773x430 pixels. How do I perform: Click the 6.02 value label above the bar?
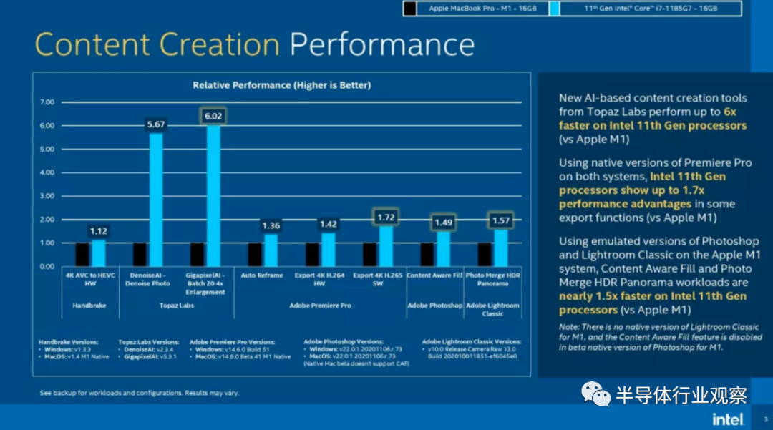[x=213, y=116]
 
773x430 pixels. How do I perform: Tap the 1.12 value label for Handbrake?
[x=98, y=230]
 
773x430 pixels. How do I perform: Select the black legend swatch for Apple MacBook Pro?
[x=409, y=9]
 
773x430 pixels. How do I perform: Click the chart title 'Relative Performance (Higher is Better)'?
[x=282, y=85]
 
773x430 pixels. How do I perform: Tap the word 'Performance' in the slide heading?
[x=381, y=44]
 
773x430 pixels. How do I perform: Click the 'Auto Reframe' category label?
[x=261, y=275]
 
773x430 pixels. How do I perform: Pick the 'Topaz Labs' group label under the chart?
[x=176, y=306]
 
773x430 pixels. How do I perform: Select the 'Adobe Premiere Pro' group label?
[x=319, y=306]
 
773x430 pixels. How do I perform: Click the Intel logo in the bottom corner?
[x=728, y=418]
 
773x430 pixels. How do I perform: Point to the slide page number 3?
[x=765, y=419]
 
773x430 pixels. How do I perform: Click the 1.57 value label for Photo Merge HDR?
[x=500, y=220]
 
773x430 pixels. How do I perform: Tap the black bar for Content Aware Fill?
[x=427, y=255]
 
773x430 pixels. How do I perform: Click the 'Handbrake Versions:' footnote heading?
[x=69, y=342]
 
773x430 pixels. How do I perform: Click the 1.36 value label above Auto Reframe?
[x=271, y=225]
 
